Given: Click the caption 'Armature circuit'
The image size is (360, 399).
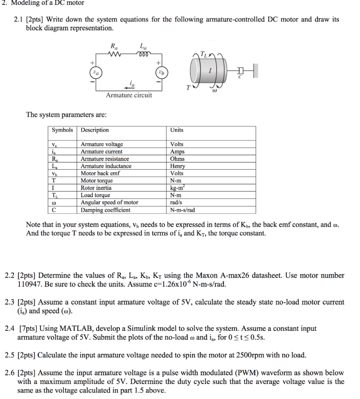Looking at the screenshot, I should (129, 95).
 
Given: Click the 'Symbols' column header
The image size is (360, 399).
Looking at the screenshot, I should (62, 130).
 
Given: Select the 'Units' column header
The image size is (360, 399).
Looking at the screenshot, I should (177, 130).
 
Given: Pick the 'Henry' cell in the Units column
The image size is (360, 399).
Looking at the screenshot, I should (177, 166).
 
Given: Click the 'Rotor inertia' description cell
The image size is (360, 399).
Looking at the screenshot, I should (96, 188).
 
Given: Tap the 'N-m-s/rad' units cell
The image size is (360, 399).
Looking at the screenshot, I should (183, 210).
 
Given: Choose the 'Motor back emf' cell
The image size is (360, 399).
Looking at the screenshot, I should (100, 173).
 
